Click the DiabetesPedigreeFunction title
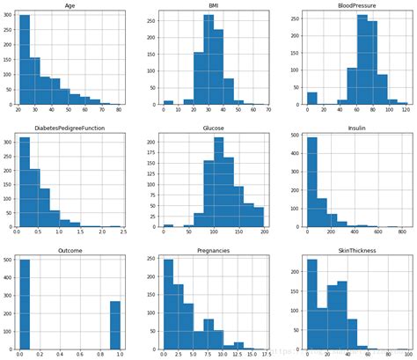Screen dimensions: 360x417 pos(69,126)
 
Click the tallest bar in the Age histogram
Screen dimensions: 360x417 pos(24,62)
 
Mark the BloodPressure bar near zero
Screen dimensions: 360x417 pos(311,99)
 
